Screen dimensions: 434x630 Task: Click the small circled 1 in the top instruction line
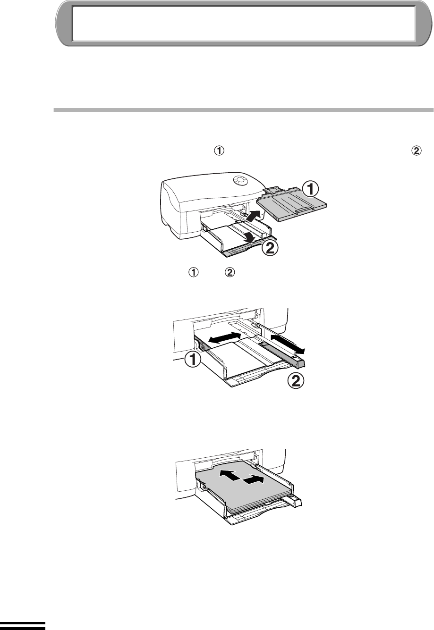[220, 151]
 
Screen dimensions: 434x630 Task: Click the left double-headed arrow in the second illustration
[225, 337]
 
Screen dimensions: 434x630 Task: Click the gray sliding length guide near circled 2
[282, 354]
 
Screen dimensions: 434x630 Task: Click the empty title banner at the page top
[244, 23]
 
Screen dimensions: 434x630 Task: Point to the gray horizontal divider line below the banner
[244, 110]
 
